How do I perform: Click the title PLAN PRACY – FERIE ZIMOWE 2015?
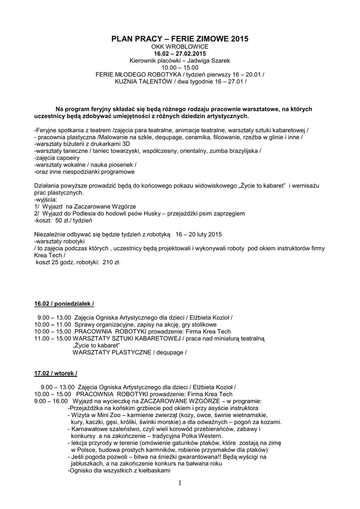180,38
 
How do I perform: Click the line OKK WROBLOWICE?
180,46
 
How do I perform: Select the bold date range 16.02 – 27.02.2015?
180,53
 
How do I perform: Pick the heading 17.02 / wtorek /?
55,372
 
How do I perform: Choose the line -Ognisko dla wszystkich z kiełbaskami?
119,470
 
